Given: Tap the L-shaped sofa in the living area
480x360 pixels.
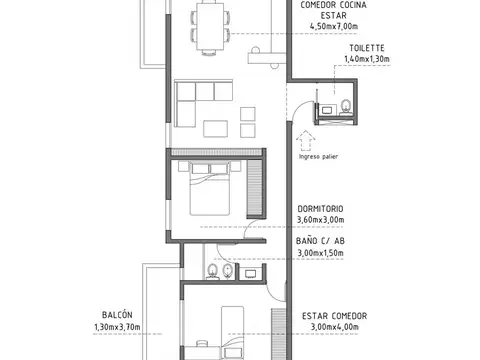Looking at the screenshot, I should click(x=195, y=100).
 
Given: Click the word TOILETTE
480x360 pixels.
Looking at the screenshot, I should click(x=366, y=48).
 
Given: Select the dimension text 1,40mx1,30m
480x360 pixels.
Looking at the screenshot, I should click(x=366, y=60).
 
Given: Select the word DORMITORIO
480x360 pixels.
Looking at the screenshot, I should click(x=320, y=208).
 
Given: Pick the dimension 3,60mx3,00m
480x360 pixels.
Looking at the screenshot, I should click(x=320, y=220).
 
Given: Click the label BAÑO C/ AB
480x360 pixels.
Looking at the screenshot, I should click(x=321, y=241).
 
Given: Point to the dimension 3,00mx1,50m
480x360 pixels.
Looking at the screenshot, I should click(x=320, y=253).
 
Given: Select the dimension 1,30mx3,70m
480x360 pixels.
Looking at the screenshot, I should click(x=116, y=327).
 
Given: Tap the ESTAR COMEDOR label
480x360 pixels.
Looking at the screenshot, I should click(x=334, y=315).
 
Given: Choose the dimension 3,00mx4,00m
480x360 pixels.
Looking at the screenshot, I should click(x=334, y=327).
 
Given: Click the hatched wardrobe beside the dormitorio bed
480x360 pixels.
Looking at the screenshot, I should click(x=255, y=190).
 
